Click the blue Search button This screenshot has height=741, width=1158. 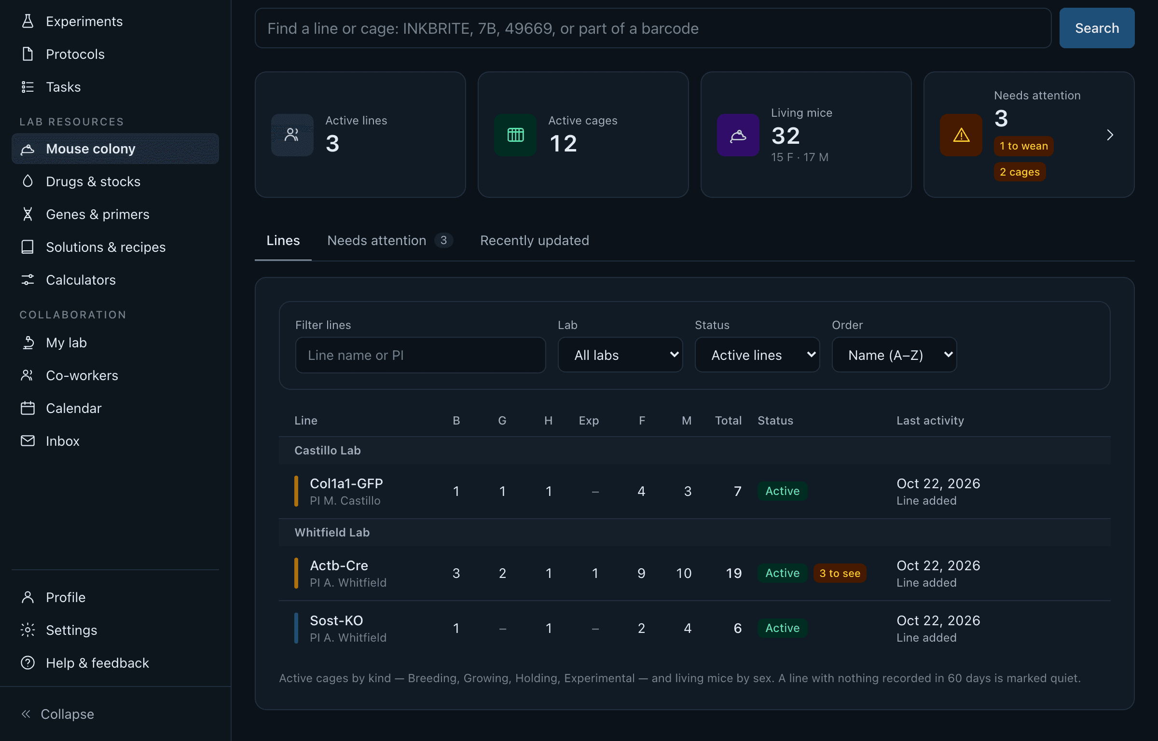point(1097,28)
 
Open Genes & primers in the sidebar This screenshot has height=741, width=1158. point(97,214)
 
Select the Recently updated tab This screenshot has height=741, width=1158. point(535,240)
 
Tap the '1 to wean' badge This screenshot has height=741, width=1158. point(1023,146)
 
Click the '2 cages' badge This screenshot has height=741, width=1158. point(1020,172)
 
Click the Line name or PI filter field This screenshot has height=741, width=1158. point(420,355)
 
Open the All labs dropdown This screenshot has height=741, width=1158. point(620,355)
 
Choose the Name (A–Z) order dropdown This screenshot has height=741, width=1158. point(894,355)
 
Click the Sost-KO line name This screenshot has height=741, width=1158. point(336,620)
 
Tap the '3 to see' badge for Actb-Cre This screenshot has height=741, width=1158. point(840,573)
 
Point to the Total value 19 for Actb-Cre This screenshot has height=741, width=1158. point(733,573)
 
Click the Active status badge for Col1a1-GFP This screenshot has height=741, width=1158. point(782,491)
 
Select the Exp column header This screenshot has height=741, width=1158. point(589,421)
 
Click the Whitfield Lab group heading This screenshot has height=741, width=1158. point(332,532)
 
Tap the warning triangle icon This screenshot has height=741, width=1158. point(961,135)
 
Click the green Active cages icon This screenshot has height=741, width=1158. point(515,135)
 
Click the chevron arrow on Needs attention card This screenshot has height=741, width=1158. point(1110,135)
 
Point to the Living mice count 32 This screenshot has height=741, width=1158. point(786,136)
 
